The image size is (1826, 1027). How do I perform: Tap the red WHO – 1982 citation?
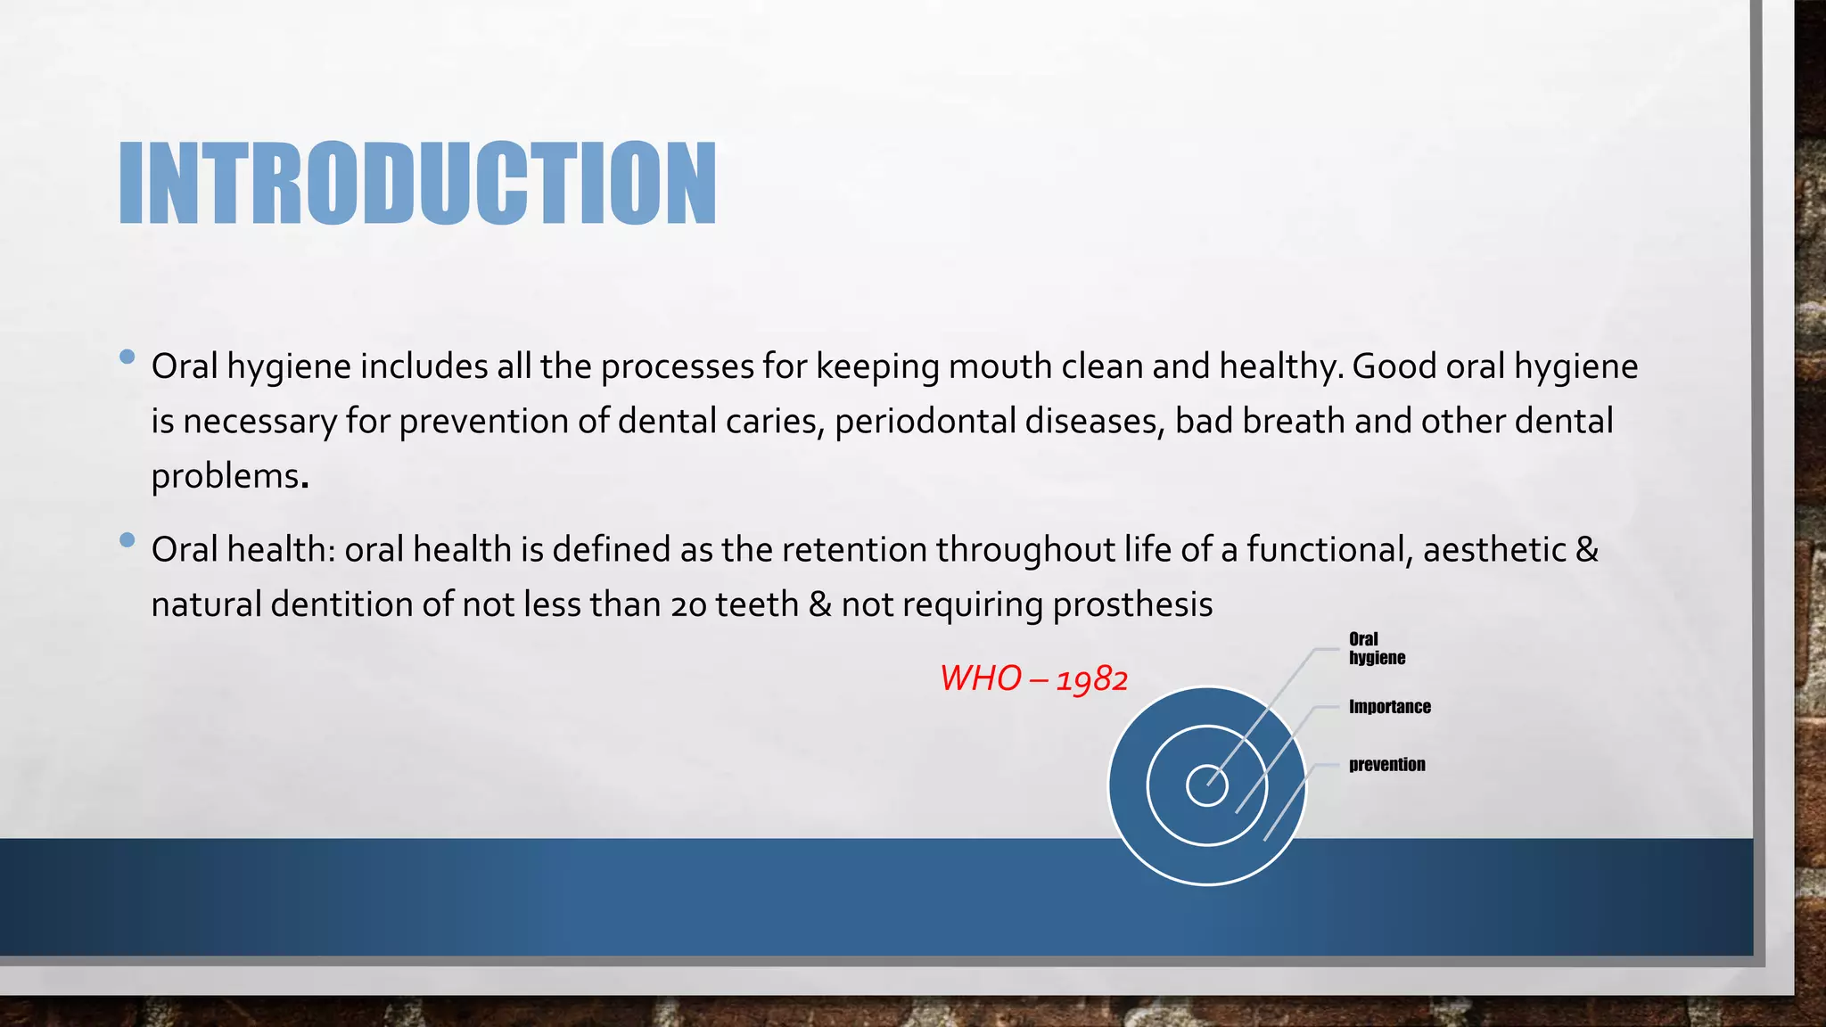(1033, 679)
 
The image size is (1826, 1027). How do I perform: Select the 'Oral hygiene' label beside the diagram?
(1376, 648)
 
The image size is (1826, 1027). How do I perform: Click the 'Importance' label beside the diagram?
(1389, 707)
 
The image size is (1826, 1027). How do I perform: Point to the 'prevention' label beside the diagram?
(1386, 765)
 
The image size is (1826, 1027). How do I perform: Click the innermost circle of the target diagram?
(1207, 785)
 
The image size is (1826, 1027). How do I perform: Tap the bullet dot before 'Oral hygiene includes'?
(127, 357)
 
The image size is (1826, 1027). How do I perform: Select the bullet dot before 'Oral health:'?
(127, 540)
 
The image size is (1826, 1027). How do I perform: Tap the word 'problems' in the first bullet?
(225, 477)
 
